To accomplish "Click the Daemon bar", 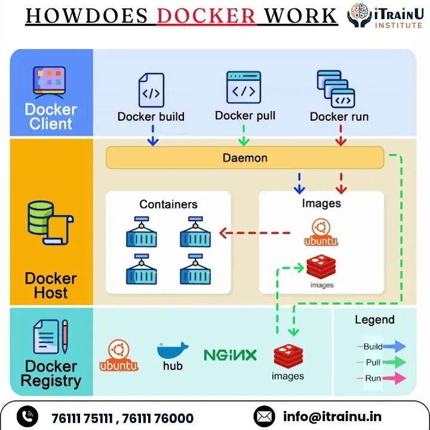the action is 245,158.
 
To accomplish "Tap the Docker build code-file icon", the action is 150,90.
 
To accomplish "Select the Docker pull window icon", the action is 244,88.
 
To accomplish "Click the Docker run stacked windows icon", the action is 336,89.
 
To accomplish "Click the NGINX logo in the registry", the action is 230,355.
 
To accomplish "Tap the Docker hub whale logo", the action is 173,352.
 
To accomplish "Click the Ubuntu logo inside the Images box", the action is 321,232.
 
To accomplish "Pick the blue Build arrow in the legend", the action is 394,346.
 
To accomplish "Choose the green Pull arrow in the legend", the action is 394,362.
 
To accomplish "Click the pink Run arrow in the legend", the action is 394,378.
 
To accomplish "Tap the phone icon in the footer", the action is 27,417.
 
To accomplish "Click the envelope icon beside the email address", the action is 265,416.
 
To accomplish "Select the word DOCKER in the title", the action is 207,16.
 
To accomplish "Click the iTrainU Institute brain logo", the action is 360,16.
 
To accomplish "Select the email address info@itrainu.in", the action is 332,416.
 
